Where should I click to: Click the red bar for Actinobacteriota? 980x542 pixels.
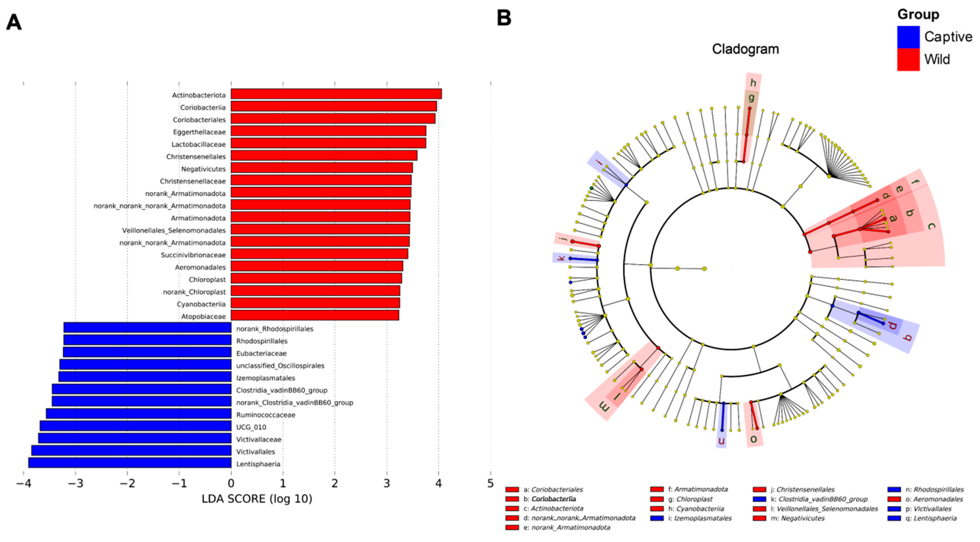pos(336,94)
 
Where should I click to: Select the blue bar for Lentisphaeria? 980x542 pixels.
pos(130,463)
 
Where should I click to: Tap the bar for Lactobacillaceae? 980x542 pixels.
pos(328,143)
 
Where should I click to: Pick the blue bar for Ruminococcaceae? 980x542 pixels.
pos(138,414)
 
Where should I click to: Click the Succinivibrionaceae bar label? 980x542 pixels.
pos(193,255)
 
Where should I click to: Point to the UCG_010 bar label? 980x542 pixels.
pos(251,427)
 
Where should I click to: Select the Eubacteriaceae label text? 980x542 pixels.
pos(261,353)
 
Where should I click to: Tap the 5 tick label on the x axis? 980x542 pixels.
pos(490,484)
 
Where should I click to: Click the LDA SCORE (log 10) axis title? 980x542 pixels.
pos(257,499)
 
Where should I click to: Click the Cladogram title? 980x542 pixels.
pos(745,49)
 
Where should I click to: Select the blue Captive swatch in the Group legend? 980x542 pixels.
pos(908,37)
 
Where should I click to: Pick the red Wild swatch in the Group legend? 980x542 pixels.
pos(908,59)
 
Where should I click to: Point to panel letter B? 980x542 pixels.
pos(504,18)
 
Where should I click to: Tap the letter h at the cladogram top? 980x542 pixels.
pos(753,83)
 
